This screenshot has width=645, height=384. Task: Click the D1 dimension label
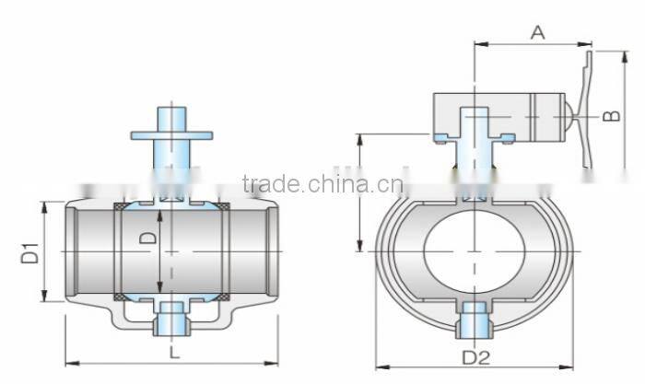click(29, 252)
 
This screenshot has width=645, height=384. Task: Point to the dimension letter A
click(538, 32)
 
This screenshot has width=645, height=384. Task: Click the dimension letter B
click(609, 116)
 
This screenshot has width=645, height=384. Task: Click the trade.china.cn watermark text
click(322, 183)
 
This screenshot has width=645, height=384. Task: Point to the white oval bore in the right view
click(475, 250)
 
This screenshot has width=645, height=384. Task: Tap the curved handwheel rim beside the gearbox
click(587, 120)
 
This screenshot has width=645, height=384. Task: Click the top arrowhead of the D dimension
click(159, 215)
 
